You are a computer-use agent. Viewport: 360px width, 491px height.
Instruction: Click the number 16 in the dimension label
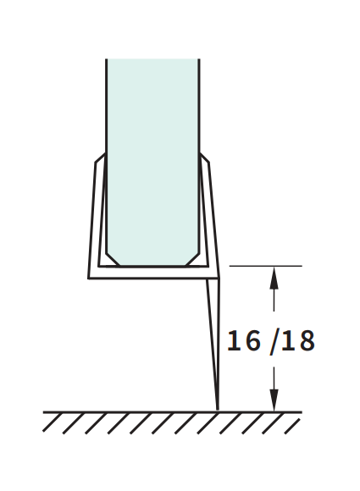tap(243, 340)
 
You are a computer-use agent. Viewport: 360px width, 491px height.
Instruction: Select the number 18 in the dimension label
tap(297, 340)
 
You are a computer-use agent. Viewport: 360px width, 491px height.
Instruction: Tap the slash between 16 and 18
tap(274, 342)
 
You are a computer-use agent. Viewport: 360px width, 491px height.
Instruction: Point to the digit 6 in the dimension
tap(252, 340)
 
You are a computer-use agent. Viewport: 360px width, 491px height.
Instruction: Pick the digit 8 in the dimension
tap(307, 340)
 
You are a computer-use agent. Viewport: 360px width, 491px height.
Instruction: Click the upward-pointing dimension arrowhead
tap(274, 278)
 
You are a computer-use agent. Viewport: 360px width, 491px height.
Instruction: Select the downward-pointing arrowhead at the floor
tap(274, 400)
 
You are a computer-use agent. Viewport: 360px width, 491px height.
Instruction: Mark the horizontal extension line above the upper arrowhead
tap(266, 266)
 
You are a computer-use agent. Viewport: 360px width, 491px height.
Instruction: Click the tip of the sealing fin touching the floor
tap(218, 409)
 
